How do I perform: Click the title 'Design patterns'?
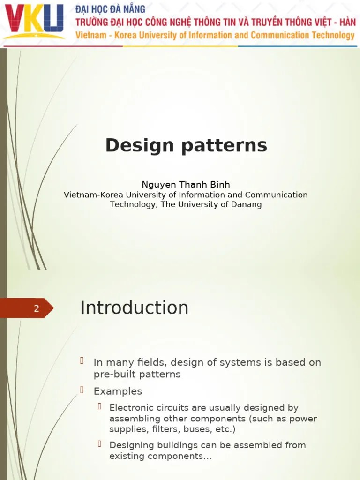click(186, 145)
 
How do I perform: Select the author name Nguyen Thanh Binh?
click(186, 185)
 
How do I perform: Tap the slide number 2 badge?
click(36, 308)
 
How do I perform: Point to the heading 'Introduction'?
click(135, 308)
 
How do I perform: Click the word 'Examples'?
click(118, 391)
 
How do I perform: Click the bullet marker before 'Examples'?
click(82, 390)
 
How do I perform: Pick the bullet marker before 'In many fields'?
click(82, 360)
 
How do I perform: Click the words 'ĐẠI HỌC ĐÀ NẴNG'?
click(111, 9)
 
